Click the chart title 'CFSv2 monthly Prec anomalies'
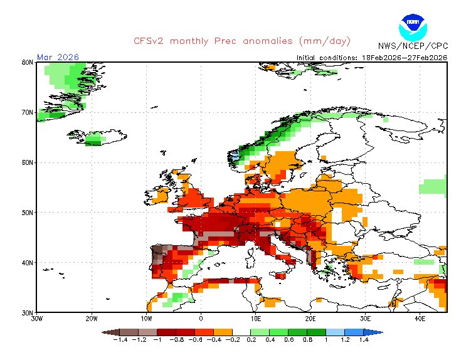[x=241, y=41]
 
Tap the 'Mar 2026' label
[x=58, y=57]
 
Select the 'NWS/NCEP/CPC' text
[x=412, y=46]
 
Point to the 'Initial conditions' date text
[x=371, y=58]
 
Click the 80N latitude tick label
[x=27, y=63]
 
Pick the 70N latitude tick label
[x=27, y=112]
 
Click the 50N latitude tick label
[x=27, y=213]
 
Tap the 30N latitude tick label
[x=27, y=312]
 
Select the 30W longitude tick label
[x=36, y=319]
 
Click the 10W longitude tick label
[x=146, y=319]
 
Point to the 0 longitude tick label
[x=201, y=319]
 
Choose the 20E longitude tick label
[x=310, y=319]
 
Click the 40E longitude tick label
[x=420, y=319]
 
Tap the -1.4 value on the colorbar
[x=120, y=340]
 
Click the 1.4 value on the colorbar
[x=363, y=340]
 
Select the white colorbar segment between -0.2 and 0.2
[x=241, y=331]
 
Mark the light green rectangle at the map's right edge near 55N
[x=433, y=187]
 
